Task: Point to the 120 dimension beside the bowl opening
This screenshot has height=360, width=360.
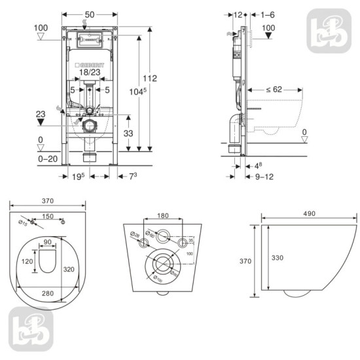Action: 27,261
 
